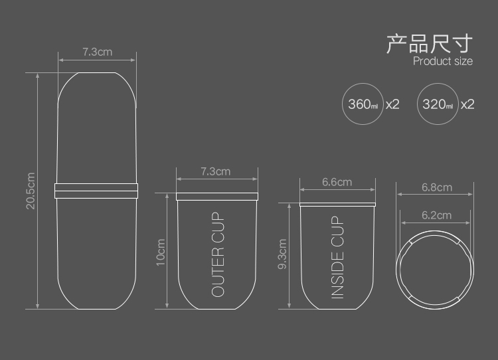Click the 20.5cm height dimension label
[x=31, y=191]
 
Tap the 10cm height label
[x=161, y=252]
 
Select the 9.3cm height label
[x=282, y=254]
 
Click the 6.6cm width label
[x=337, y=182]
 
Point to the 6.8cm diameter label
[x=437, y=187]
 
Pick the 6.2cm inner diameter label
[x=436, y=215]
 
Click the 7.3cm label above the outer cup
[x=215, y=171]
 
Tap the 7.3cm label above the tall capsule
[x=98, y=52]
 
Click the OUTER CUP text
[x=218, y=254]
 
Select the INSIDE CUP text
[x=337, y=257]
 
